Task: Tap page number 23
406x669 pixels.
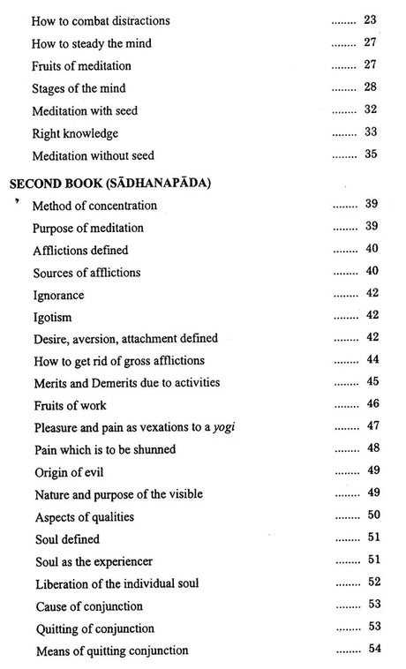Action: pyautogui.click(x=371, y=19)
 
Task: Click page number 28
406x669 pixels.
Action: pyautogui.click(x=371, y=88)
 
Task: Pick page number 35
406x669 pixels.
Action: pyautogui.click(x=371, y=155)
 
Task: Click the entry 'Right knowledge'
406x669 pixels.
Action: pyautogui.click(x=74, y=133)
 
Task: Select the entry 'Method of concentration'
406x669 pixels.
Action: pyautogui.click(x=94, y=206)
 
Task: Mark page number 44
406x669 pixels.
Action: pyautogui.click(x=372, y=360)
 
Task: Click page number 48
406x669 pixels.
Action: pyautogui.click(x=372, y=449)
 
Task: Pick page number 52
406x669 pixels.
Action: pyautogui.click(x=372, y=583)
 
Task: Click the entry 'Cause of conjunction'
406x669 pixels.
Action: pyautogui.click(x=89, y=605)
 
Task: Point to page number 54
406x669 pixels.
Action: pyautogui.click(x=372, y=650)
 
